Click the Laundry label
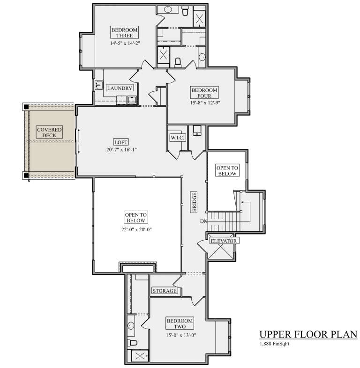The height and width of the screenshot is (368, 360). point(120,88)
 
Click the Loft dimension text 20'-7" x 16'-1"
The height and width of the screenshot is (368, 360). point(121,150)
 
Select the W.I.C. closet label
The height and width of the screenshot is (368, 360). point(178,138)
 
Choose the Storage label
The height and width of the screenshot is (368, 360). point(165,291)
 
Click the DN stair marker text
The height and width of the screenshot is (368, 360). point(202,221)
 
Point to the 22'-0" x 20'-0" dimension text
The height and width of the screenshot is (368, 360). point(136,229)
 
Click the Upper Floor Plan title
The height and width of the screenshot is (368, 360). point(308,335)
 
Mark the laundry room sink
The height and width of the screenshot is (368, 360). point(99,85)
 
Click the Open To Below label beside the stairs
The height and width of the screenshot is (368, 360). point(227,170)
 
